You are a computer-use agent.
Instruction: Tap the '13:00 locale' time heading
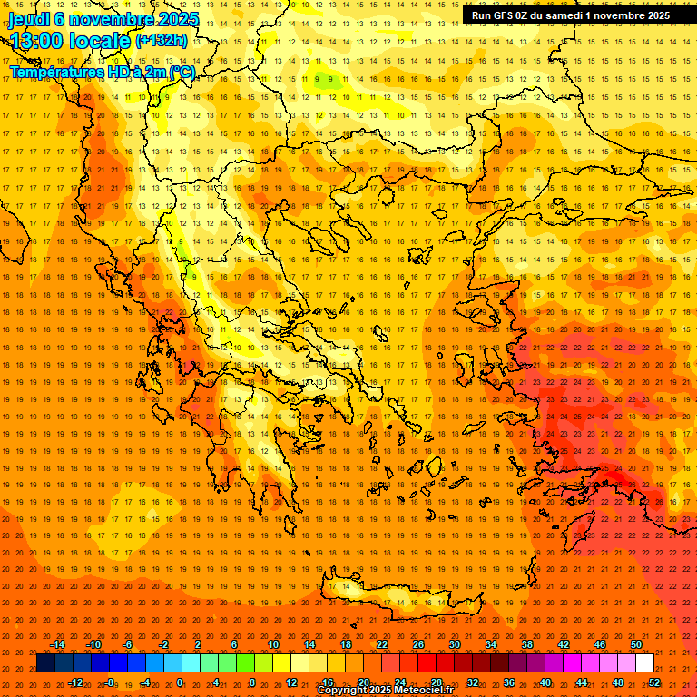pyautogui.click(x=70, y=40)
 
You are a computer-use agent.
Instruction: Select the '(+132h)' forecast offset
pyautogui.click(x=161, y=40)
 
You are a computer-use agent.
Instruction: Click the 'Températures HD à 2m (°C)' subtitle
pyautogui.click(x=102, y=72)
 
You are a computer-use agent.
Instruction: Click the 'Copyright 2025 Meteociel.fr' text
pyautogui.click(x=385, y=691)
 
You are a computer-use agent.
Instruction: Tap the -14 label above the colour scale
pyautogui.click(x=57, y=644)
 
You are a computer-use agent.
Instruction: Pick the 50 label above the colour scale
pyautogui.click(x=636, y=644)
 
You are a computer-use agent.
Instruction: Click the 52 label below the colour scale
pyautogui.click(x=654, y=682)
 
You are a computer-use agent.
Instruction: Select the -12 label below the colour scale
pyautogui.click(x=75, y=682)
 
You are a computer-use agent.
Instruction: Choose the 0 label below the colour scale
pyautogui.click(x=180, y=682)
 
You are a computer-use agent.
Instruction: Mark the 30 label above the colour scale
pyautogui.click(x=454, y=644)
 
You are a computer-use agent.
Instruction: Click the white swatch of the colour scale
pyautogui.click(x=645, y=663)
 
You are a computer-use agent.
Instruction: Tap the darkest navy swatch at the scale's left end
pyautogui.click(x=44, y=663)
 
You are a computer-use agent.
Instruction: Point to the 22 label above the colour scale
pyautogui.click(x=381, y=644)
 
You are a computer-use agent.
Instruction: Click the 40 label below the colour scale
pyautogui.click(x=545, y=682)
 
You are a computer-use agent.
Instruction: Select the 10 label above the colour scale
pyautogui.click(x=272, y=644)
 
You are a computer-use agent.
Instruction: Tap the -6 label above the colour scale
pyautogui.click(x=128, y=644)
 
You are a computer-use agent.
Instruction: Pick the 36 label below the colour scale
pyautogui.click(x=509, y=682)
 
